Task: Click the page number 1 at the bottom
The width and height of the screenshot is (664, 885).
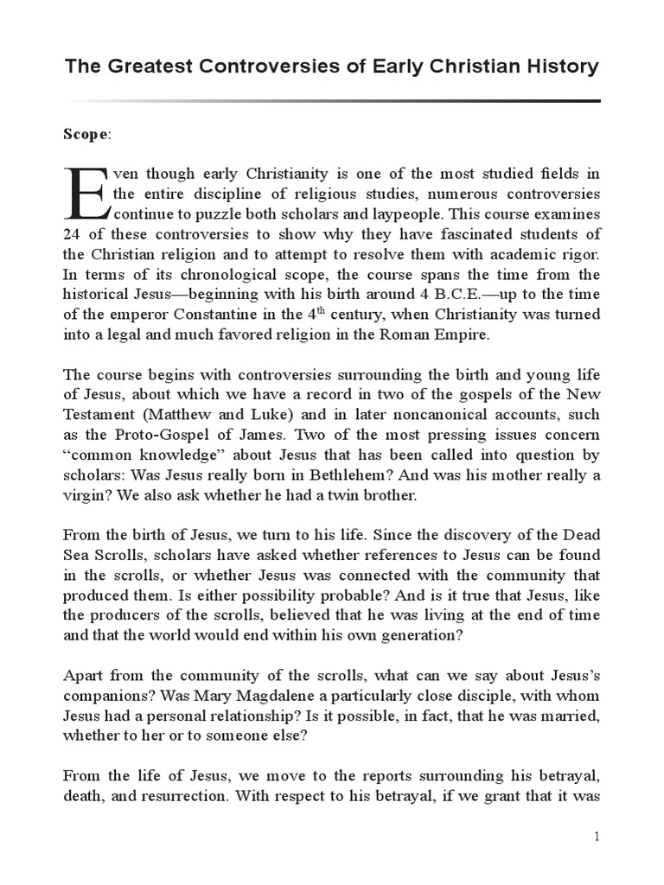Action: tap(596, 837)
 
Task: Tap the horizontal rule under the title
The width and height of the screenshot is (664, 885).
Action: tap(332, 101)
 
